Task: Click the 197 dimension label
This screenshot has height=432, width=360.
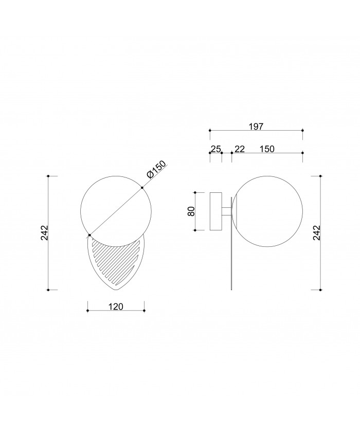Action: [256, 127]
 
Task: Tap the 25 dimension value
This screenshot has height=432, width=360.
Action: [215, 149]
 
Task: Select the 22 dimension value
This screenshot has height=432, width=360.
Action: [240, 149]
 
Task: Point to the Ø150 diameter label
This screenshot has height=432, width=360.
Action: [157, 170]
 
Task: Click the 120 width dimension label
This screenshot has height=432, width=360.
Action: [116, 307]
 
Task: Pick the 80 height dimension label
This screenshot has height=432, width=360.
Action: [191, 211]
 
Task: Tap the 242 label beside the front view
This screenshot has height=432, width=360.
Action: [44, 233]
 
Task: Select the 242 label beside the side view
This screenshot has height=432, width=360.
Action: [317, 233]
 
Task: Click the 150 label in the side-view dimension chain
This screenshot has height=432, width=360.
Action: [267, 149]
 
